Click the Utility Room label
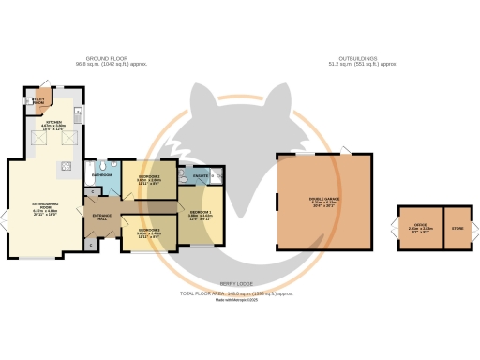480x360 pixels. [38, 99]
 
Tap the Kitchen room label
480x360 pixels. [54, 124]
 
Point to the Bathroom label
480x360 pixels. [102, 175]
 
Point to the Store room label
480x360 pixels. [457, 226]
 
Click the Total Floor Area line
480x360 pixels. [236, 293]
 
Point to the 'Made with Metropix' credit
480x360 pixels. [236, 299]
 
